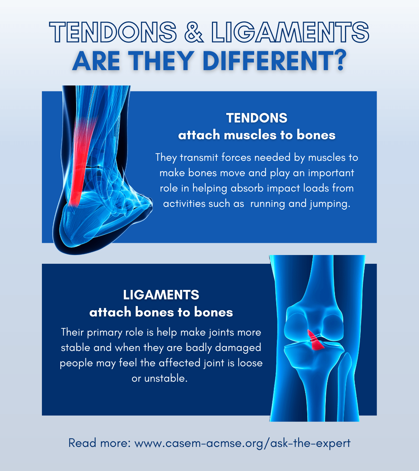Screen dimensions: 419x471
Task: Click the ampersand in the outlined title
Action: pos(194,32)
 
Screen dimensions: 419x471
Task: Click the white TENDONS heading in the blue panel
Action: pos(257,118)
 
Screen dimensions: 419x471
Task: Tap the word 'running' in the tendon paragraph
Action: pos(267,204)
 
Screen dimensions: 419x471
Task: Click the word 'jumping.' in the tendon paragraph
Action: pos(330,204)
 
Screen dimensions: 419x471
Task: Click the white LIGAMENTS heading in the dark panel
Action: pos(161,295)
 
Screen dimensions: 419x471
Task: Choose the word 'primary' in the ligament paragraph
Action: pos(104,332)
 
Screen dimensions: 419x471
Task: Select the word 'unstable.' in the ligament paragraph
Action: pos(166,378)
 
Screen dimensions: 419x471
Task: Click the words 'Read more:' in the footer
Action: pos(100,443)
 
